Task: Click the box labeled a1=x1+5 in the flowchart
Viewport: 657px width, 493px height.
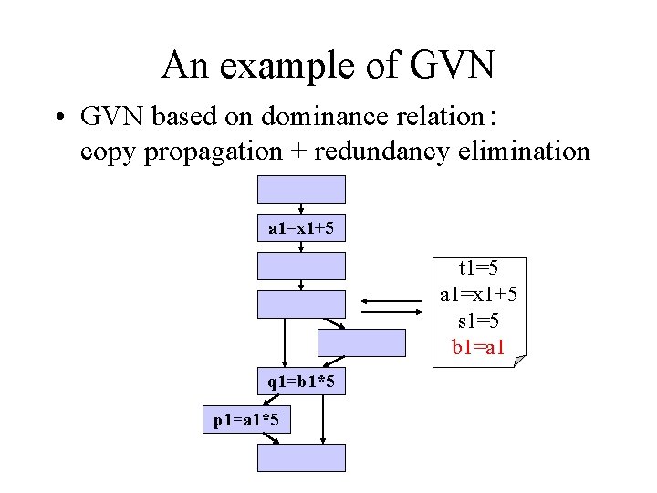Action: (x=302, y=227)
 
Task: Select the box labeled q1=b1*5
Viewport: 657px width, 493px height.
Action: (x=302, y=382)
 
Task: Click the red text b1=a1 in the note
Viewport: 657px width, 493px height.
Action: (x=479, y=348)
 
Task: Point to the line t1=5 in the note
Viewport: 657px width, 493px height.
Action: (x=479, y=268)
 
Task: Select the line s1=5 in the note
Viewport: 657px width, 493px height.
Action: (x=479, y=321)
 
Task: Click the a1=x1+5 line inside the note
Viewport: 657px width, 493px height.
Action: (x=479, y=295)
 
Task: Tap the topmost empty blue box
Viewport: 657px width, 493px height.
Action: (x=302, y=189)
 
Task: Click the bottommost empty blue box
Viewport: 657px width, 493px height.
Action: (x=302, y=457)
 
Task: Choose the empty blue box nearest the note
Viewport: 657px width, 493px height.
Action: (x=360, y=341)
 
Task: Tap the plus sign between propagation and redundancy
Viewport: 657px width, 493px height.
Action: (x=299, y=151)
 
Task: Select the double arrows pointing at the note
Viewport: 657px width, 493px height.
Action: (x=391, y=305)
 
